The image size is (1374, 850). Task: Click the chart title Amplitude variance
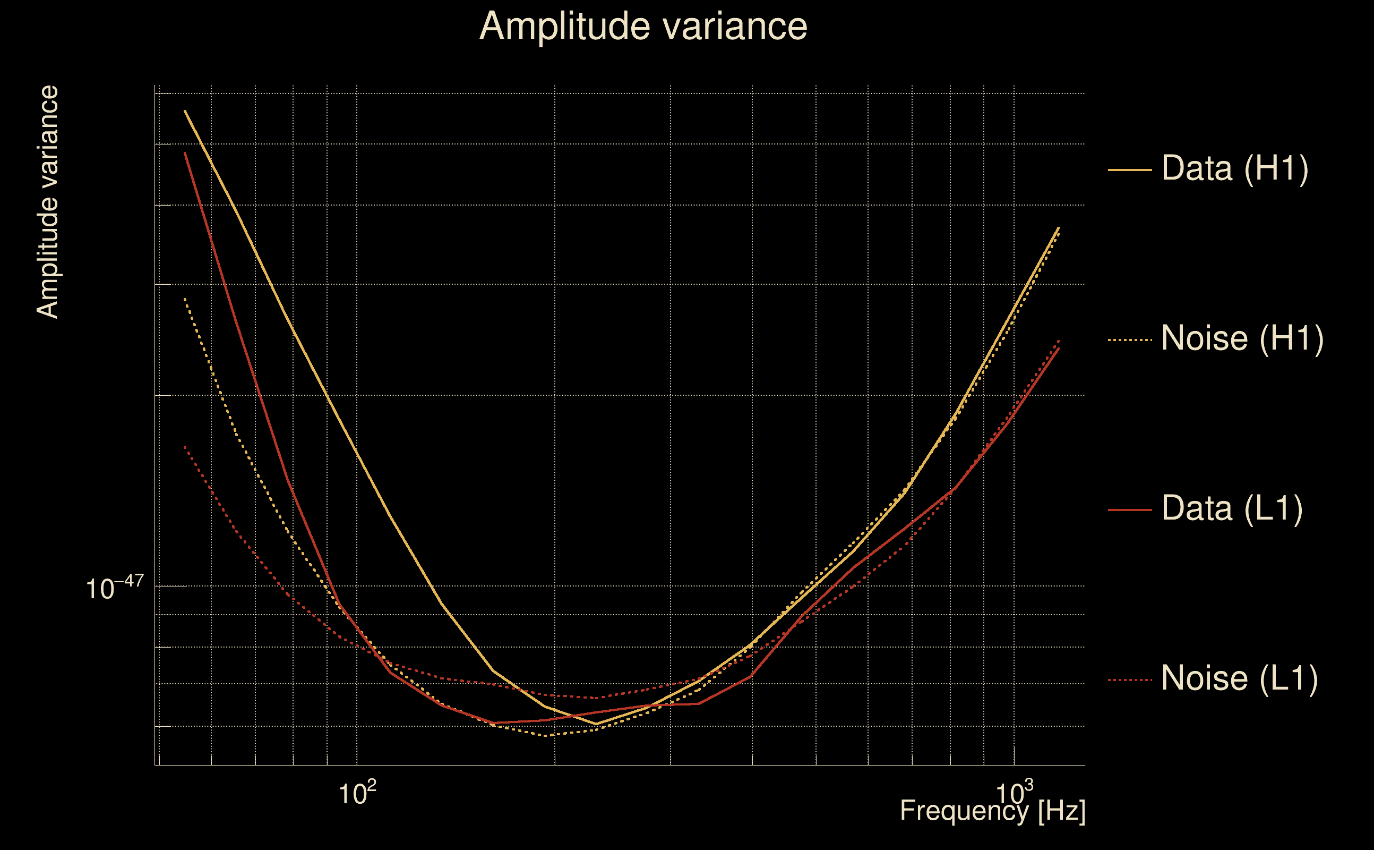[x=643, y=27]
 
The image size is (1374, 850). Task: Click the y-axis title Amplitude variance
[x=47, y=202]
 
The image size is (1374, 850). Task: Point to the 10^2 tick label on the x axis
[x=357, y=793]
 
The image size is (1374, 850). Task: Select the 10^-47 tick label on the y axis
[x=115, y=588]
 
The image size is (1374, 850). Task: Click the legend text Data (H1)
[x=1235, y=168]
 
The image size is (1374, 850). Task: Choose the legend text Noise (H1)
[x=1242, y=338]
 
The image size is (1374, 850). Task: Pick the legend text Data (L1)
[x=1232, y=509]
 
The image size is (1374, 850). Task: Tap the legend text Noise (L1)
[x=1239, y=678]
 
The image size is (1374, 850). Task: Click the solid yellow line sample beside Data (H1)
[x=1130, y=169]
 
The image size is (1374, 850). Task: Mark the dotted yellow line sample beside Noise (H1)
[x=1130, y=339]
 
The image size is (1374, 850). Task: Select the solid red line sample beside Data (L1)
[x=1130, y=510]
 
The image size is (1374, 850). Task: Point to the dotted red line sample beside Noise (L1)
[x=1130, y=679]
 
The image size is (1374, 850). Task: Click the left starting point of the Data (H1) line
[x=185, y=110]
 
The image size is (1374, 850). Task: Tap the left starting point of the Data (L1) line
[x=185, y=153]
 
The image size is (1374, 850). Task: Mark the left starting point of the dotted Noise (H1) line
[x=184, y=299]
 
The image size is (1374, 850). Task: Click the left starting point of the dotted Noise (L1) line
[x=184, y=446]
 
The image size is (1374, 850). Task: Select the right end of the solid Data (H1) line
[x=1059, y=228]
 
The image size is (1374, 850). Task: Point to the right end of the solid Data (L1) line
[x=1059, y=348]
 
